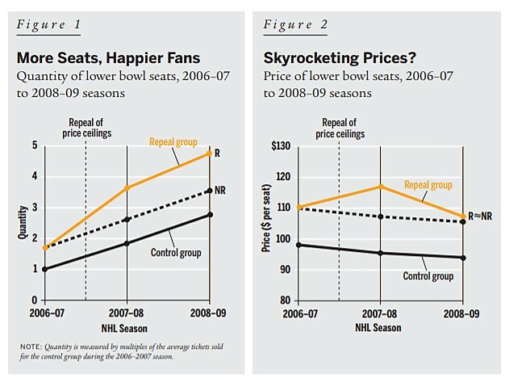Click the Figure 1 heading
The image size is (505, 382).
[48, 23]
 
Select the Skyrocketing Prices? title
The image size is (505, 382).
[331, 58]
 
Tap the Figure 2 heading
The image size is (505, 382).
[295, 23]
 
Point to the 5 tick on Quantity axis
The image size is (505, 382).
[34, 145]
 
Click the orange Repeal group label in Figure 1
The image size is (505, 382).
[173, 142]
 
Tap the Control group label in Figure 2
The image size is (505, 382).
[428, 276]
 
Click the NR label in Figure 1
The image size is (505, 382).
[220, 189]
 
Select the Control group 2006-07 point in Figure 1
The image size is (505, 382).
[45, 269]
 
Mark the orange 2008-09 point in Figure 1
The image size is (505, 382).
[210, 153]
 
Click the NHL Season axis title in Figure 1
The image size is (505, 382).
[125, 327]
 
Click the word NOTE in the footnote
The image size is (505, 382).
[33, 346]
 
